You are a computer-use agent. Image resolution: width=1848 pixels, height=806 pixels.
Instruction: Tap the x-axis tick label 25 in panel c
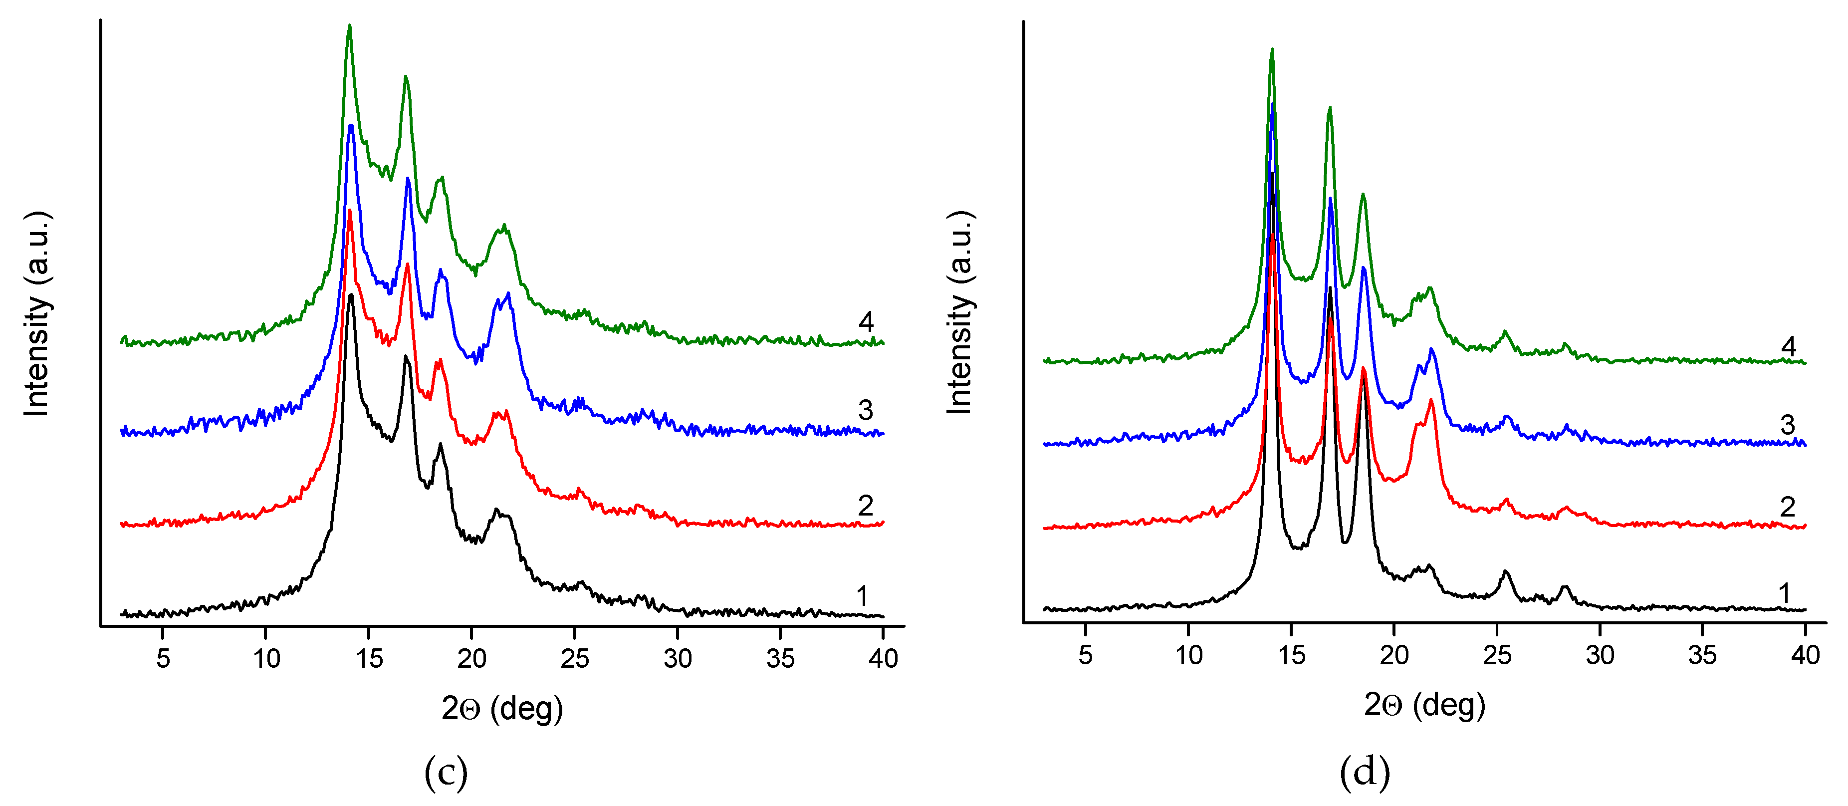[x=575, y=658]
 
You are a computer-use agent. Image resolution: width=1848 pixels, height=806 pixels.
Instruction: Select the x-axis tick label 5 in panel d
[x=1086, y=655]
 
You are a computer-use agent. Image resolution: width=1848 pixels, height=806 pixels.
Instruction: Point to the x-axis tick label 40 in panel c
[x=883, y=658]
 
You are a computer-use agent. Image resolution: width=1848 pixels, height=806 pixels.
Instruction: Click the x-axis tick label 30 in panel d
[x=1600, y=655]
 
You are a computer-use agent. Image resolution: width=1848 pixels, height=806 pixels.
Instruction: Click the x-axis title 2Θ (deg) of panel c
[x=502, y=709]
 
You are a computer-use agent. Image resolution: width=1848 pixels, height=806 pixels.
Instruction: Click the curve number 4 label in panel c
[x=866, y=321]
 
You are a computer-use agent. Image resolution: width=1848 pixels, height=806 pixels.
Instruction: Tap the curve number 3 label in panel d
[x=1788, y=425]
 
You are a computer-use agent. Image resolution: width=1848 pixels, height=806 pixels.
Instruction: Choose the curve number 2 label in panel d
[x=1788, y=507]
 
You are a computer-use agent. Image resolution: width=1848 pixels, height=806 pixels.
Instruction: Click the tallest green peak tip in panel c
[x=349, y=26]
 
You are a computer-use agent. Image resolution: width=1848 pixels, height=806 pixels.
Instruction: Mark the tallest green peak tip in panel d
[x=1272, y=49]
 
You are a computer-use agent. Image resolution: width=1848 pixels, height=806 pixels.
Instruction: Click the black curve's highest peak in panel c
[x=351, y=295]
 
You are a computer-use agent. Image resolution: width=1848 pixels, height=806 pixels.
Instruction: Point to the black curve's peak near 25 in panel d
[x=1505, y=572]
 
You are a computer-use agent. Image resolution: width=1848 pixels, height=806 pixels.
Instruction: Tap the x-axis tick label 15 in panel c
[x=369, y=658]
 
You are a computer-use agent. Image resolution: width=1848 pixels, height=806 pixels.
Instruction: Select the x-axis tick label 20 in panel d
[x=1394, y=655]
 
